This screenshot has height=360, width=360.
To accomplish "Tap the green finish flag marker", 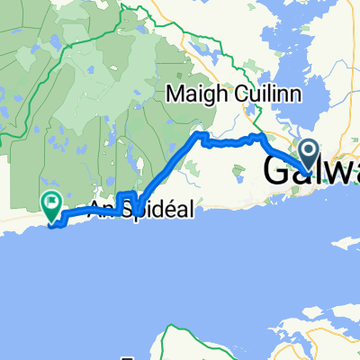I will (x=51, y=206).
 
